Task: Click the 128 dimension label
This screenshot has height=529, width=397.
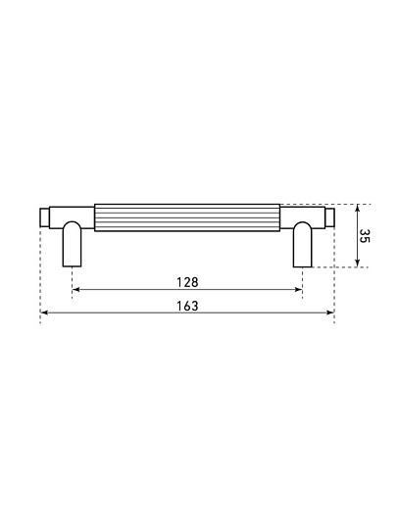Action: click(x=187, y=282)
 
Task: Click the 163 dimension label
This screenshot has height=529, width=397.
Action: click(x=187, y=306)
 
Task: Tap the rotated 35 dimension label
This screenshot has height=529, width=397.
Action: click(x=365, y=236)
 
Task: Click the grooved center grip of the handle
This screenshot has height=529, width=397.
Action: click(x=187, y=217)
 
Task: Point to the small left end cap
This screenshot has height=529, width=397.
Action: click(x=45, y=217)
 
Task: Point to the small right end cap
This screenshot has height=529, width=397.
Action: click(x=329, y=217)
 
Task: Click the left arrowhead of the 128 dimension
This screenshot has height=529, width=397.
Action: click(x=75, y=289)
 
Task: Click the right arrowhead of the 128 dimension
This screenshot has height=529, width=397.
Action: click(x=298, y=289)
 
